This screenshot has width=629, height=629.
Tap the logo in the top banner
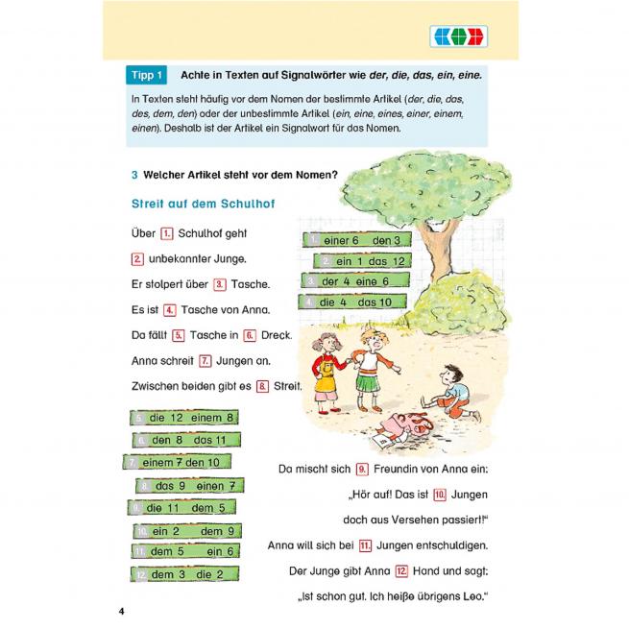[455, 36]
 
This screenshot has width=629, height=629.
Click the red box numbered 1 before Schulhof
[166, 233]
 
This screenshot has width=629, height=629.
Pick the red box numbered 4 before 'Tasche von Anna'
[169, 310]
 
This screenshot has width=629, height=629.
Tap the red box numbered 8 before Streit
[261, 386]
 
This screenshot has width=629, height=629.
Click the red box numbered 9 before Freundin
[363, 469]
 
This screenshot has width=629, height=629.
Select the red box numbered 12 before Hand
[401, 570]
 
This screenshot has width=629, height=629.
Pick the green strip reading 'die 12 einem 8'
[183, 418]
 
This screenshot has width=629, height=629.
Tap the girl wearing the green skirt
[370, 365]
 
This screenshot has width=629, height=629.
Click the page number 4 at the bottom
[121, 611]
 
